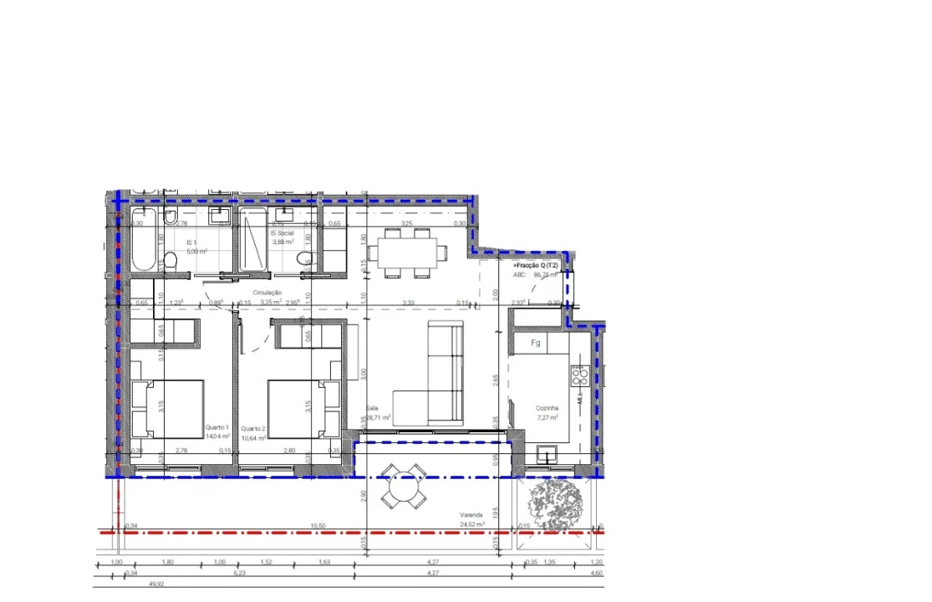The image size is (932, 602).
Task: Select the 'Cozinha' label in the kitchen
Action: pyautogui.click(x=547, y=408)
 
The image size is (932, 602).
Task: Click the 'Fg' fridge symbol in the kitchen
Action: pyautogui.click(x=536, y=343)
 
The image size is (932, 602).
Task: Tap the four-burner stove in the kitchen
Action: pyautogui.click(x=579, y=376)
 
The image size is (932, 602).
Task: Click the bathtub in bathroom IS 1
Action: pyautogui.click(x=143, y=241)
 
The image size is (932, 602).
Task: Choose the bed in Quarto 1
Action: pyautogui.click(x=167, y=407)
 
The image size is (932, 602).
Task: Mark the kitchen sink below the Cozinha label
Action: pyautogui.click(x=548, y=454)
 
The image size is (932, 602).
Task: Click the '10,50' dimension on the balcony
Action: pyautogui.click(x=317, y=526)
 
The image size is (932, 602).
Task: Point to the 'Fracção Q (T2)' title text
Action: pyautogui.click(x=537, y=265)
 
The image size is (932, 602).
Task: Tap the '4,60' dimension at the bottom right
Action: pyautogui.click(x=597, y=574)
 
